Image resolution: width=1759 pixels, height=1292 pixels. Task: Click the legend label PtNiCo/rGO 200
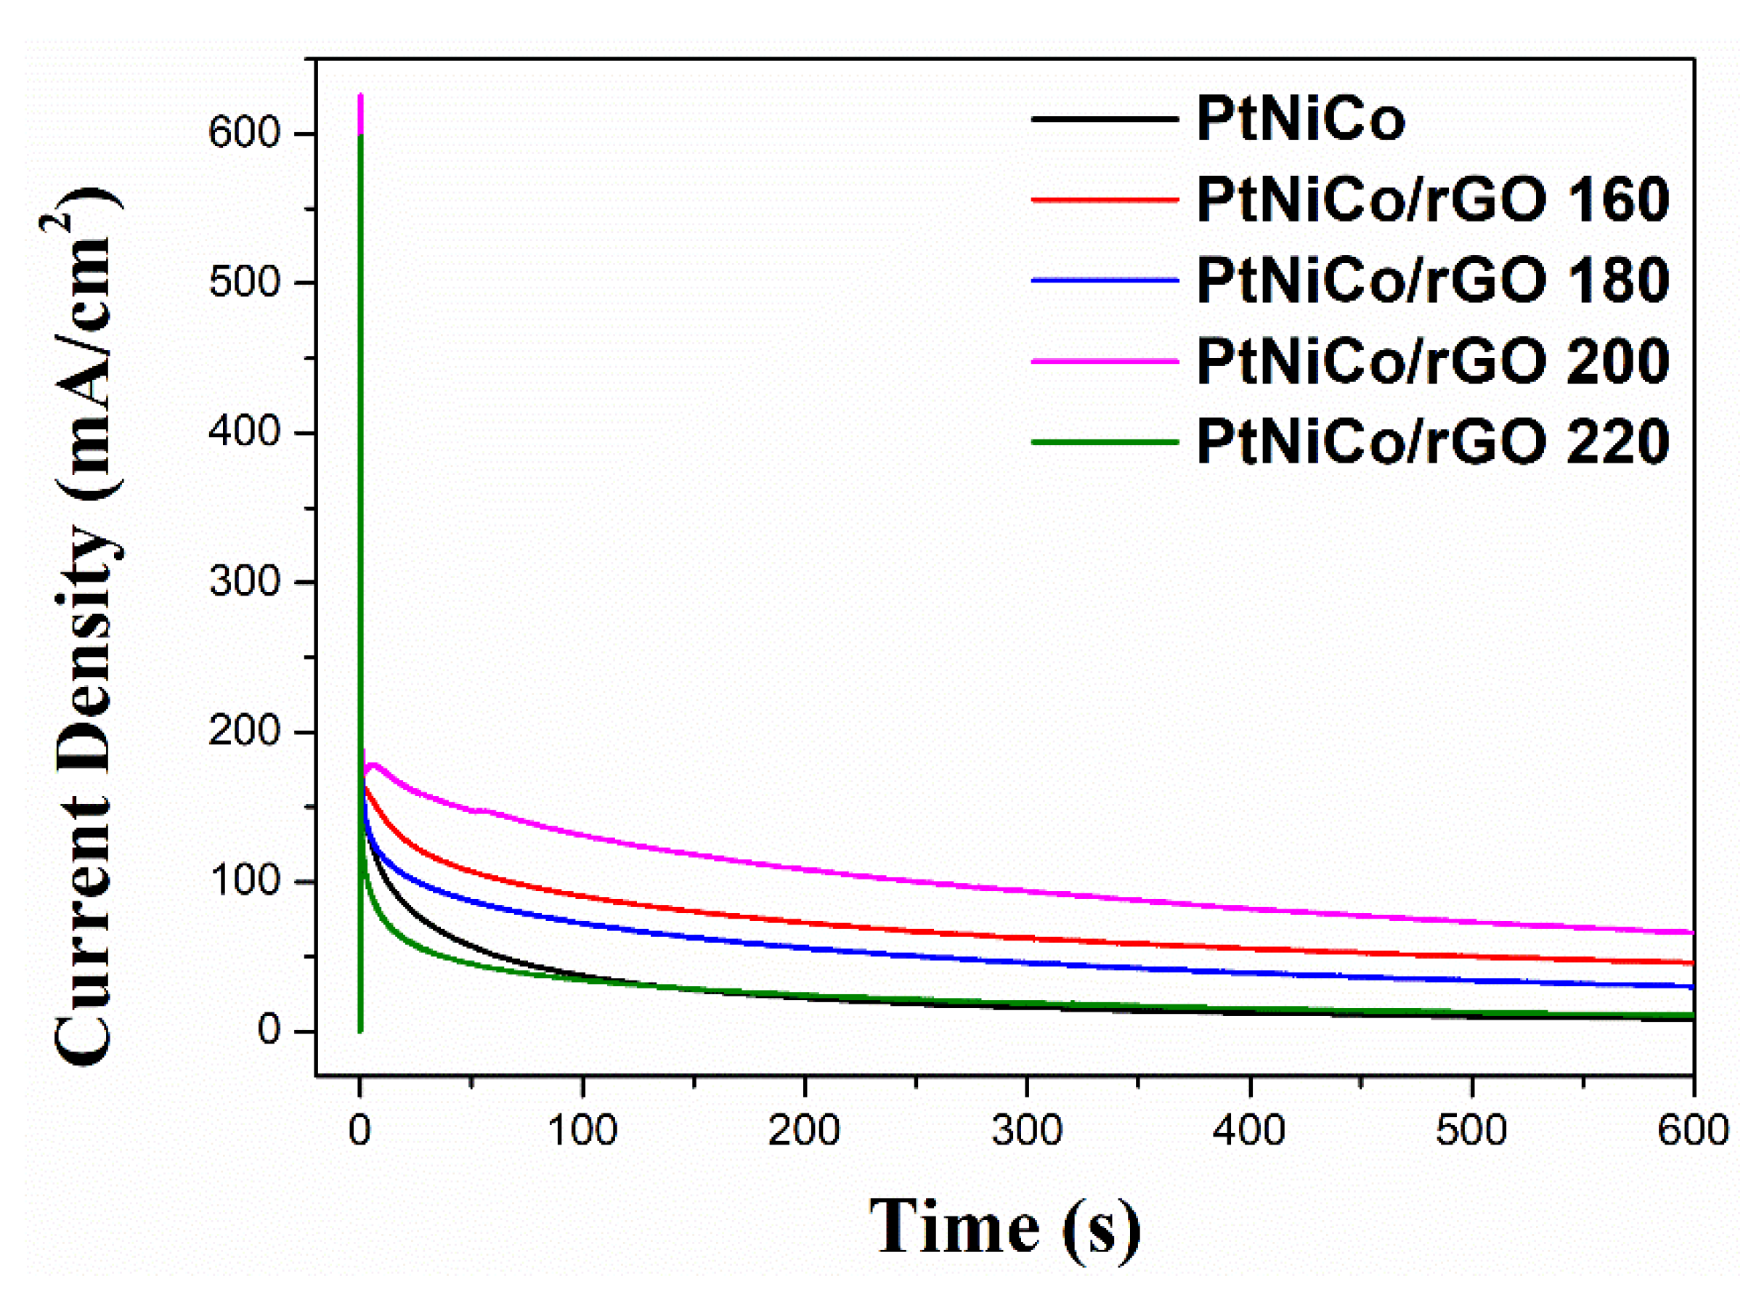[1432, 362]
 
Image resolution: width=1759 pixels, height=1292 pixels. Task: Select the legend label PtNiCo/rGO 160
[1432, 200]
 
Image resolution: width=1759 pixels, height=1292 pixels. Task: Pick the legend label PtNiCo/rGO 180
[1432, 281]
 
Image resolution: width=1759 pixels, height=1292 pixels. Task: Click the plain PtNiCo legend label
[1300, 120]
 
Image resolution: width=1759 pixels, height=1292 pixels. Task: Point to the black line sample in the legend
[1104, 119]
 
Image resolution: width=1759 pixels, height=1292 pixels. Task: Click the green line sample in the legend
[1104, 442]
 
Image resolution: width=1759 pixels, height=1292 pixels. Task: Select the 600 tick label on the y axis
[244, 133]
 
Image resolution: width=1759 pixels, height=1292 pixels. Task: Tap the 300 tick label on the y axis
[244, 582]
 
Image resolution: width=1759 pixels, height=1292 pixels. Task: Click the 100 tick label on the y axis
[244, 882]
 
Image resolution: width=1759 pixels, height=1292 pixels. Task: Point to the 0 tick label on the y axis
[268, 1031]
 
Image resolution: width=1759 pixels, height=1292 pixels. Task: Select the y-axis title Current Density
[84, 626]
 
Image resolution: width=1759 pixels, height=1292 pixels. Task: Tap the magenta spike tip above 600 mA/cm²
[360, 96]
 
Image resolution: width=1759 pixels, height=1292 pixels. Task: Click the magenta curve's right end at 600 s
[1691, 933]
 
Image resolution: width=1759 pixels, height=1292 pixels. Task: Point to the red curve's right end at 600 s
[1691, 963]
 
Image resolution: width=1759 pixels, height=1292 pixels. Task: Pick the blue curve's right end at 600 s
[1691, 987]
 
